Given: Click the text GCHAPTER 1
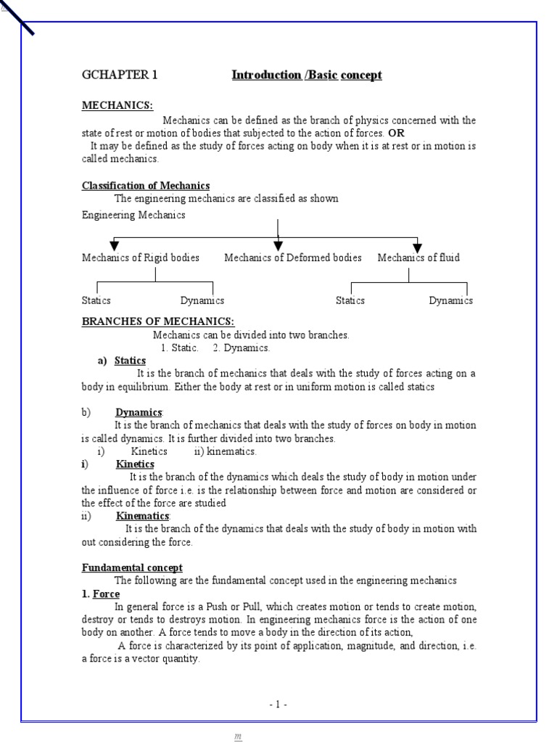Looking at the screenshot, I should point(119,75).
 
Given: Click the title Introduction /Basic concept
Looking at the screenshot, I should point(306,75).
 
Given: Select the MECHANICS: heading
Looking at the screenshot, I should point(117,106).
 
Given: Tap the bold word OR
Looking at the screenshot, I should point(396,134).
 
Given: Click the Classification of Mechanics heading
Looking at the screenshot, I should point(145,186).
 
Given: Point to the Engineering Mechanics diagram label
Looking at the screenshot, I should point(133,215).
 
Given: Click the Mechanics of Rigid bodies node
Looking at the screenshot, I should point(140,258).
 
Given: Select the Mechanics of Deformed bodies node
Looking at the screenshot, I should point(292,258).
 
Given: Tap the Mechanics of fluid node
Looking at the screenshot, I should point(418,258).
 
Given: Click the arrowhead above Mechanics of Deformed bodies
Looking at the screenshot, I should point(278,246).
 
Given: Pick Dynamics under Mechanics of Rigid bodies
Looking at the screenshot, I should point(202,300).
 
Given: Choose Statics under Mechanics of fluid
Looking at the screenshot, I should point(350,300).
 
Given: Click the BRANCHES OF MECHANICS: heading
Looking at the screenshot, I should point(157,321).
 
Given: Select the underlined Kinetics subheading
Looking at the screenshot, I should point(135,464).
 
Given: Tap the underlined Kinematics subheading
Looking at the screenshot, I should point(142,516).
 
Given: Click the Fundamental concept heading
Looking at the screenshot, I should point(132,567).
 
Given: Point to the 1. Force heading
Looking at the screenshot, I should point(101,594).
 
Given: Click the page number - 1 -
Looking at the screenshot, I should point(278,705).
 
